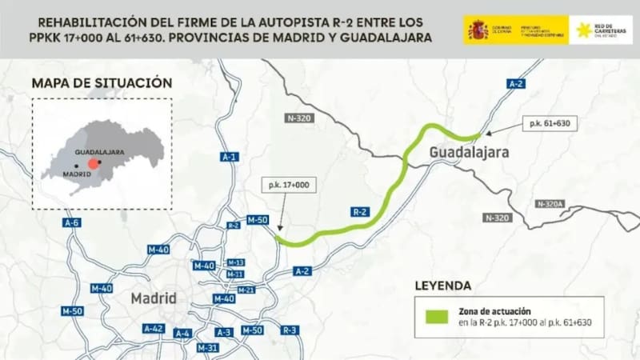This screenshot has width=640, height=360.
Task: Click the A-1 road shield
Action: click(229, 157)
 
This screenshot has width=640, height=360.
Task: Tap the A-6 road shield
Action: click(72, 222)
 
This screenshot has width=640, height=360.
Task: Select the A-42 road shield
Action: click(154, 328)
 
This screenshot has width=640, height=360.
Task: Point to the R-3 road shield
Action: click(290, 330)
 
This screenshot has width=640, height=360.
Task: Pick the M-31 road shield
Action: click(207, 347)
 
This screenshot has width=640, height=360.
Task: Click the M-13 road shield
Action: click(235, 262)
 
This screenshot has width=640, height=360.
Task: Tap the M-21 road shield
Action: click(246, 290)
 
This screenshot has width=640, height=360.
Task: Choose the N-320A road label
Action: click(550, 204)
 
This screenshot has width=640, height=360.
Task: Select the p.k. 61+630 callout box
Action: click(548, 124)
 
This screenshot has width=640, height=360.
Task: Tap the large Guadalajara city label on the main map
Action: click(469, 152)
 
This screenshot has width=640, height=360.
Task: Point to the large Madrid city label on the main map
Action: click(153, 298)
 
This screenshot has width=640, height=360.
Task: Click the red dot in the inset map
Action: click(94, 162)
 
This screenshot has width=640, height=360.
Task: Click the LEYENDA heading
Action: click(442, 285)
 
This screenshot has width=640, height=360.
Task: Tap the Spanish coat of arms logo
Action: click(478, 30)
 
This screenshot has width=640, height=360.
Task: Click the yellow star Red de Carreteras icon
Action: click(584, 30)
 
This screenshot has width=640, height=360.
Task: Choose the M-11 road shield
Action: click(234, 274)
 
